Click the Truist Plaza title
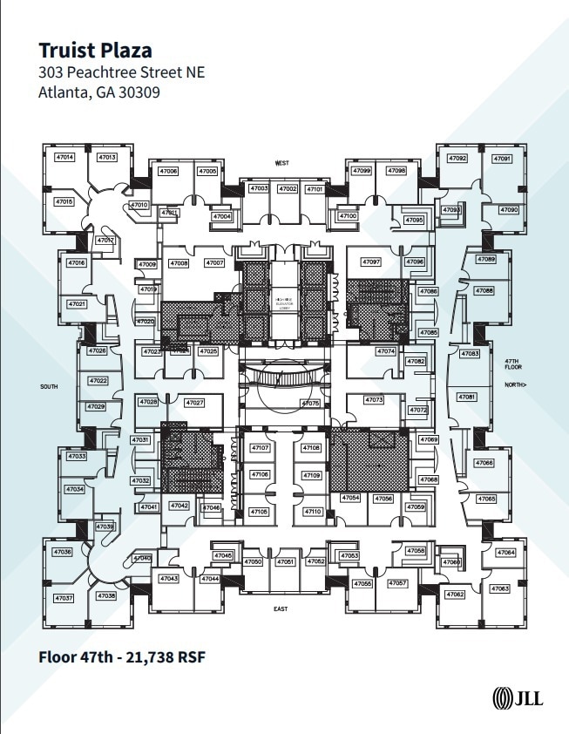click(95, 50)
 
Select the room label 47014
click(64, 158)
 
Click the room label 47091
click(502, 159)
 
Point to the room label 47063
click(500, 589)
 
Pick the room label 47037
click(64, 598)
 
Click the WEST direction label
click(281, 163)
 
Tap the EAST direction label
click(280, 608)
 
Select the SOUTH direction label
click(49, 385)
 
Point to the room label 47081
click(468, 397)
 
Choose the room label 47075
click(310, 404)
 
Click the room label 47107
click(261, 447)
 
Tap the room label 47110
click(313, 512)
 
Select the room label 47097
click(371, 262)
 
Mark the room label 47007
click(214, 262)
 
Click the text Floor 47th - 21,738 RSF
click(121, 656)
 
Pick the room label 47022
click(96, 381)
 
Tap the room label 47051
click(286, 562)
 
